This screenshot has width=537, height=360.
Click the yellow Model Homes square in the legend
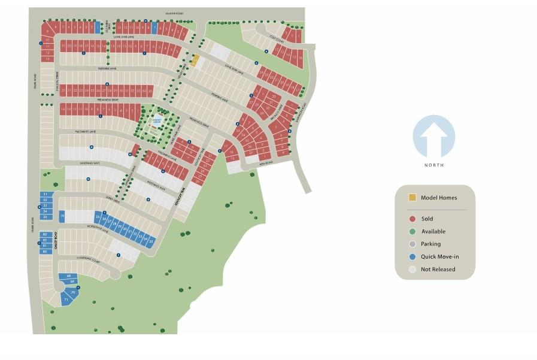412,198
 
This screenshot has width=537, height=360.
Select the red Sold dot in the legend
412,219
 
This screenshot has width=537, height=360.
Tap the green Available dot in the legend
412,232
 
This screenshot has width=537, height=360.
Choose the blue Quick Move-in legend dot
412,256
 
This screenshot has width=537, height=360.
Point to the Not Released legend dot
412,269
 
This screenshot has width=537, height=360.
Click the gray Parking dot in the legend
412,244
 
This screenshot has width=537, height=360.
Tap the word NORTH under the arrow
434,165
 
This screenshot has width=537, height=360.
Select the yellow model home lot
195,60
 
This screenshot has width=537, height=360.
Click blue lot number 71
66,299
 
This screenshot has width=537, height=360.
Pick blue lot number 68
69,276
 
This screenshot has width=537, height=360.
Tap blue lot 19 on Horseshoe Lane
62,216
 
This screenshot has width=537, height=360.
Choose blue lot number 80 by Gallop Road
45,252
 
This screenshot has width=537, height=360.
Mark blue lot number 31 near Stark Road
45,194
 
